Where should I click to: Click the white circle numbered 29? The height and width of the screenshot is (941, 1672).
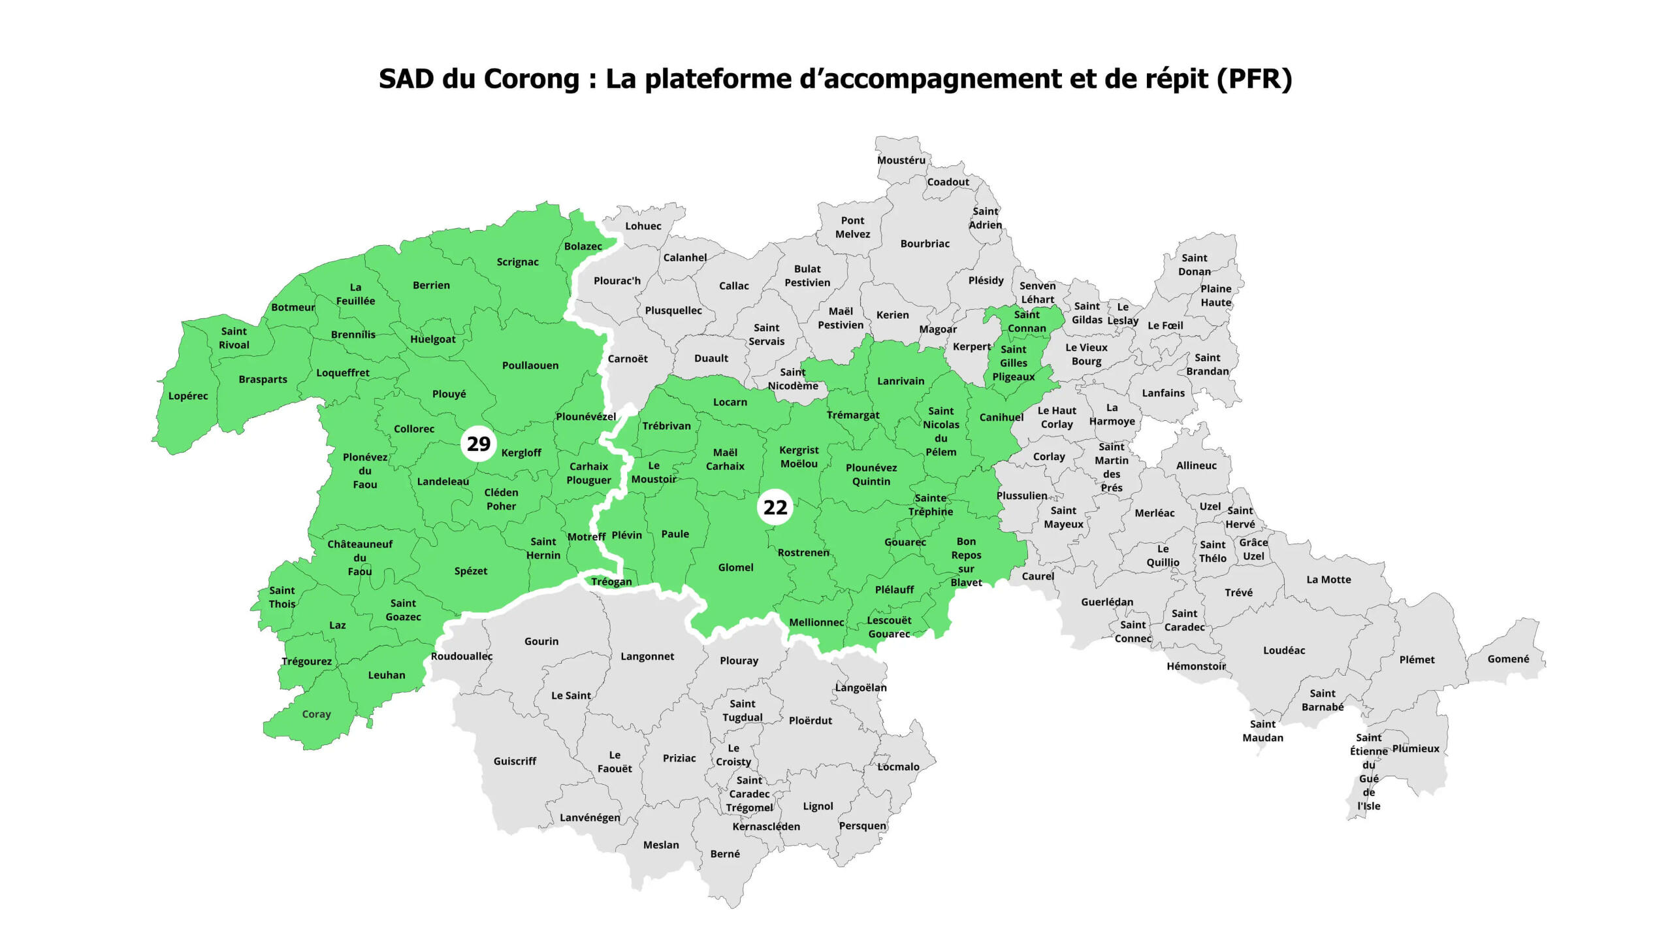(x=479, y=444)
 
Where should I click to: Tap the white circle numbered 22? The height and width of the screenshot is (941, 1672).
(x=775, y=507)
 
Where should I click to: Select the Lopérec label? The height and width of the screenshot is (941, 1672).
(x=188, y=396)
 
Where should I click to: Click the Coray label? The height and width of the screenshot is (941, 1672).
(x=316, y=714)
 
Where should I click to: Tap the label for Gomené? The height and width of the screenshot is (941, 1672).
(x=1508, y=659)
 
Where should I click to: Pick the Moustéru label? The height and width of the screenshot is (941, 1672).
(x=901, y=160)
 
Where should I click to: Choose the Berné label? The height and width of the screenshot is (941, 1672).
(x=725, y=853)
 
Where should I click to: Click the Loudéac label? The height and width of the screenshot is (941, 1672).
(x=1283, y=650)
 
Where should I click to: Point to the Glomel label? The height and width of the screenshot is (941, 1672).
(x=735, y=567)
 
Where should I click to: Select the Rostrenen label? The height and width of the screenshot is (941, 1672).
(x=803, y=552)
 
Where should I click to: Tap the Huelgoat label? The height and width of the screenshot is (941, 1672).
(x=432, y=339)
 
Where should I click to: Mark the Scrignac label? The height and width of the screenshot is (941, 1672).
(x=517, y=262)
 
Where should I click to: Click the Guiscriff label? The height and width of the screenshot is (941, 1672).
(x=515, y=761)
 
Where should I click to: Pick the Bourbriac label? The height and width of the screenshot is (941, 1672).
(x=925, y=244)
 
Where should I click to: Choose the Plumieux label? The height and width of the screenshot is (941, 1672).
(x=1415, y=748)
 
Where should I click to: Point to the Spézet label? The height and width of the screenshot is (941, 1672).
(x=470, y=570)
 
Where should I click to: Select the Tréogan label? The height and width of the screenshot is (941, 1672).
(x=611, y=582)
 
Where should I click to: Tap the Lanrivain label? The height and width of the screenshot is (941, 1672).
(x=901, y=381)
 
